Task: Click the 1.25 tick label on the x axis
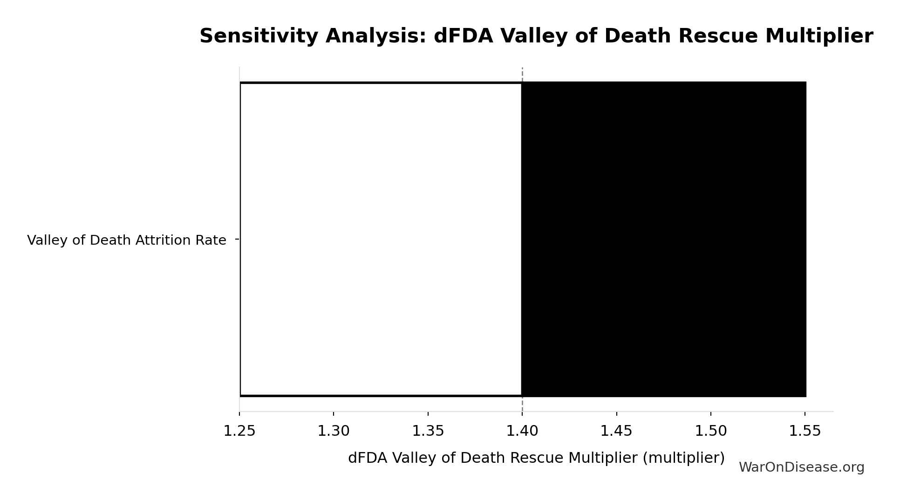tap(239, 431)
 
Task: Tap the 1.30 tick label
tap(334, 431)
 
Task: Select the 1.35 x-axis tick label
tap(428, 431)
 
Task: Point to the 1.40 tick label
tap(522, 431)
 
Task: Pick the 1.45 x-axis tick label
tap(616, 431)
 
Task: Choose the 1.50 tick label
tap(711, 431)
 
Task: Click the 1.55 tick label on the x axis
tap(805, 431)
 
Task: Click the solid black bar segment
tap(664, 239)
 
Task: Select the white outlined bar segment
tap(381, 239)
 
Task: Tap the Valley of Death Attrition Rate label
tap(127, 240)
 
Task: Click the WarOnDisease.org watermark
tap(801, 467)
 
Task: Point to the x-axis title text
tap(536, 458)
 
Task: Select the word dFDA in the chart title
tap(463, 36)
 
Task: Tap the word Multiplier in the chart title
tap(819, 36)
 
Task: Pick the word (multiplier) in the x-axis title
tap(683, 458)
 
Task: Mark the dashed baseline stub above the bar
tap(522, 75)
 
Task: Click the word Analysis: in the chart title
tap(376, 36)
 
